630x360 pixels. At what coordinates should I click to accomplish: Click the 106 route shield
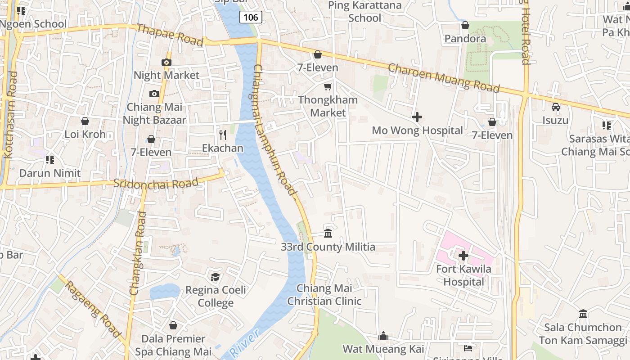(x=251, y=18)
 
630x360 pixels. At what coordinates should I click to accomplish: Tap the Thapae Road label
(x=169, y=35)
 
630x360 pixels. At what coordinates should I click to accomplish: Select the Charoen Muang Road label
(x=444, y=78)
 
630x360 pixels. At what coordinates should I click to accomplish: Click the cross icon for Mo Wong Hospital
(x=417, y=117)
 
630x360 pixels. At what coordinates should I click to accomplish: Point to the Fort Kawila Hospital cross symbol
(x=463, y=256)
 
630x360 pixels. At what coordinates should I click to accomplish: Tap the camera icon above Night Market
(x=166, y=63)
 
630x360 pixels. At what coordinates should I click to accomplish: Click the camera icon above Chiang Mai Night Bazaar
(x=154, y=94)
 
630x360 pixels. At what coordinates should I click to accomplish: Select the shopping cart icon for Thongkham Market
(x=328, y=86)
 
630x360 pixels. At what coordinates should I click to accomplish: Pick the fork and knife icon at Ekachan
(x=222, y=135)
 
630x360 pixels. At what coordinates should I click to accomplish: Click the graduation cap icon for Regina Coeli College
(x=216, y=277)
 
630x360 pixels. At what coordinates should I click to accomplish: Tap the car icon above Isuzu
(x=556, y=107)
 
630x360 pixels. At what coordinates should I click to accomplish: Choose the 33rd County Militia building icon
(x=328, y=234)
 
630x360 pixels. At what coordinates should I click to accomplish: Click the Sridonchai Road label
(x=156, y=183)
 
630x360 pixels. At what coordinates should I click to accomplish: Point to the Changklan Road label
(x=138, y=253)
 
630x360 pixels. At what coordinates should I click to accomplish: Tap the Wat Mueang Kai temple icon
(x=383, y=336)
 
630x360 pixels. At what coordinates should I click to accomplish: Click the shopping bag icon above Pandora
(x=465, y=25)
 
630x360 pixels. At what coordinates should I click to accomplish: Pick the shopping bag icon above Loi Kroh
(x=85, y=121)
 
